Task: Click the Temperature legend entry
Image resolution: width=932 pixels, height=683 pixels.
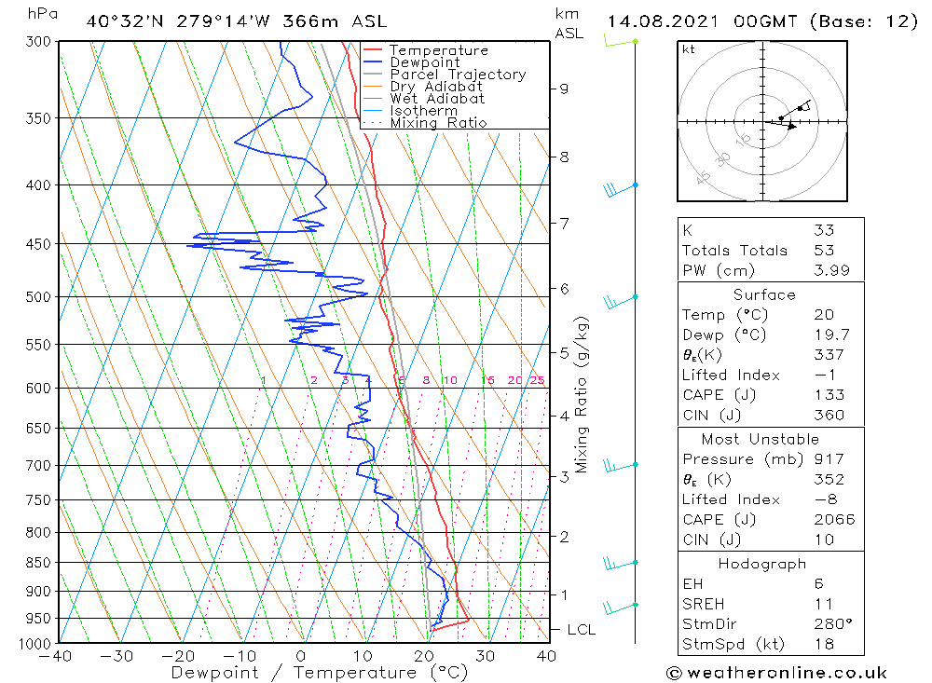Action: coord(437,50)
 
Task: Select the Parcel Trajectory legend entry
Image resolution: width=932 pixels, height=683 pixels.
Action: coord(457,75)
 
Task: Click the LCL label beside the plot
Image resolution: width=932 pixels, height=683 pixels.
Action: coord(581,630)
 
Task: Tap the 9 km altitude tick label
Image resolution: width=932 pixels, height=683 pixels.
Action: coord(564,89)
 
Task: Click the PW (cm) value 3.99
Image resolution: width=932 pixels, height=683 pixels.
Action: coord(828,271)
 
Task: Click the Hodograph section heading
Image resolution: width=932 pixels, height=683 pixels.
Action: coord(761,564)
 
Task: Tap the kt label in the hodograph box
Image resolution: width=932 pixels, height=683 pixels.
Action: coord(688,49)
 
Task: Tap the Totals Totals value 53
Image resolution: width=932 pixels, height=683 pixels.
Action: coord(823,251)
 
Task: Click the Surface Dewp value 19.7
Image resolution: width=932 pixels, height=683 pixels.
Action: coord(828,335)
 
